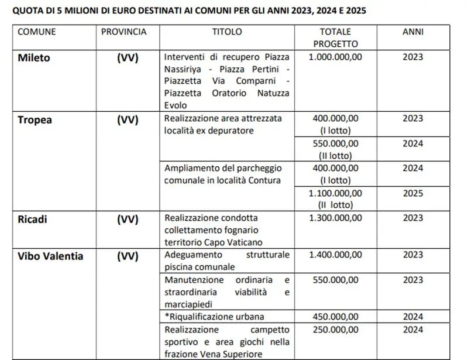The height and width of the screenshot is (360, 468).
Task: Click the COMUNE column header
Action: [37, 32]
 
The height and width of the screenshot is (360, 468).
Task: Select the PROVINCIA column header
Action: [124, 32]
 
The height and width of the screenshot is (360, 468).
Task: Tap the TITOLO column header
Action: [227, 32]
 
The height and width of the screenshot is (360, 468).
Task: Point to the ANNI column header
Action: [413, 32]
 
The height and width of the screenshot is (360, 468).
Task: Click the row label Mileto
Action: [35, 57]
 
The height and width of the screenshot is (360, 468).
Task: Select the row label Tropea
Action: [35, 119]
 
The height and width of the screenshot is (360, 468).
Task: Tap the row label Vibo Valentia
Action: [50, 256]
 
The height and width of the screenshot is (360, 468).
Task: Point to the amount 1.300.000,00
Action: [336, 218]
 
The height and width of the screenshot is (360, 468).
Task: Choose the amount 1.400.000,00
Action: [336, 255]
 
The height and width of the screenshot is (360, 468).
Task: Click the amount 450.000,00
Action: [336, 317]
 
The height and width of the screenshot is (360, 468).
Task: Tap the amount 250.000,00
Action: [336, 330]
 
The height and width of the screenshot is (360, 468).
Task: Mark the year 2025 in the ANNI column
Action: [413, 193]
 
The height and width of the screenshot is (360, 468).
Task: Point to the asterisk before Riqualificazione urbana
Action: [167, 316]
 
